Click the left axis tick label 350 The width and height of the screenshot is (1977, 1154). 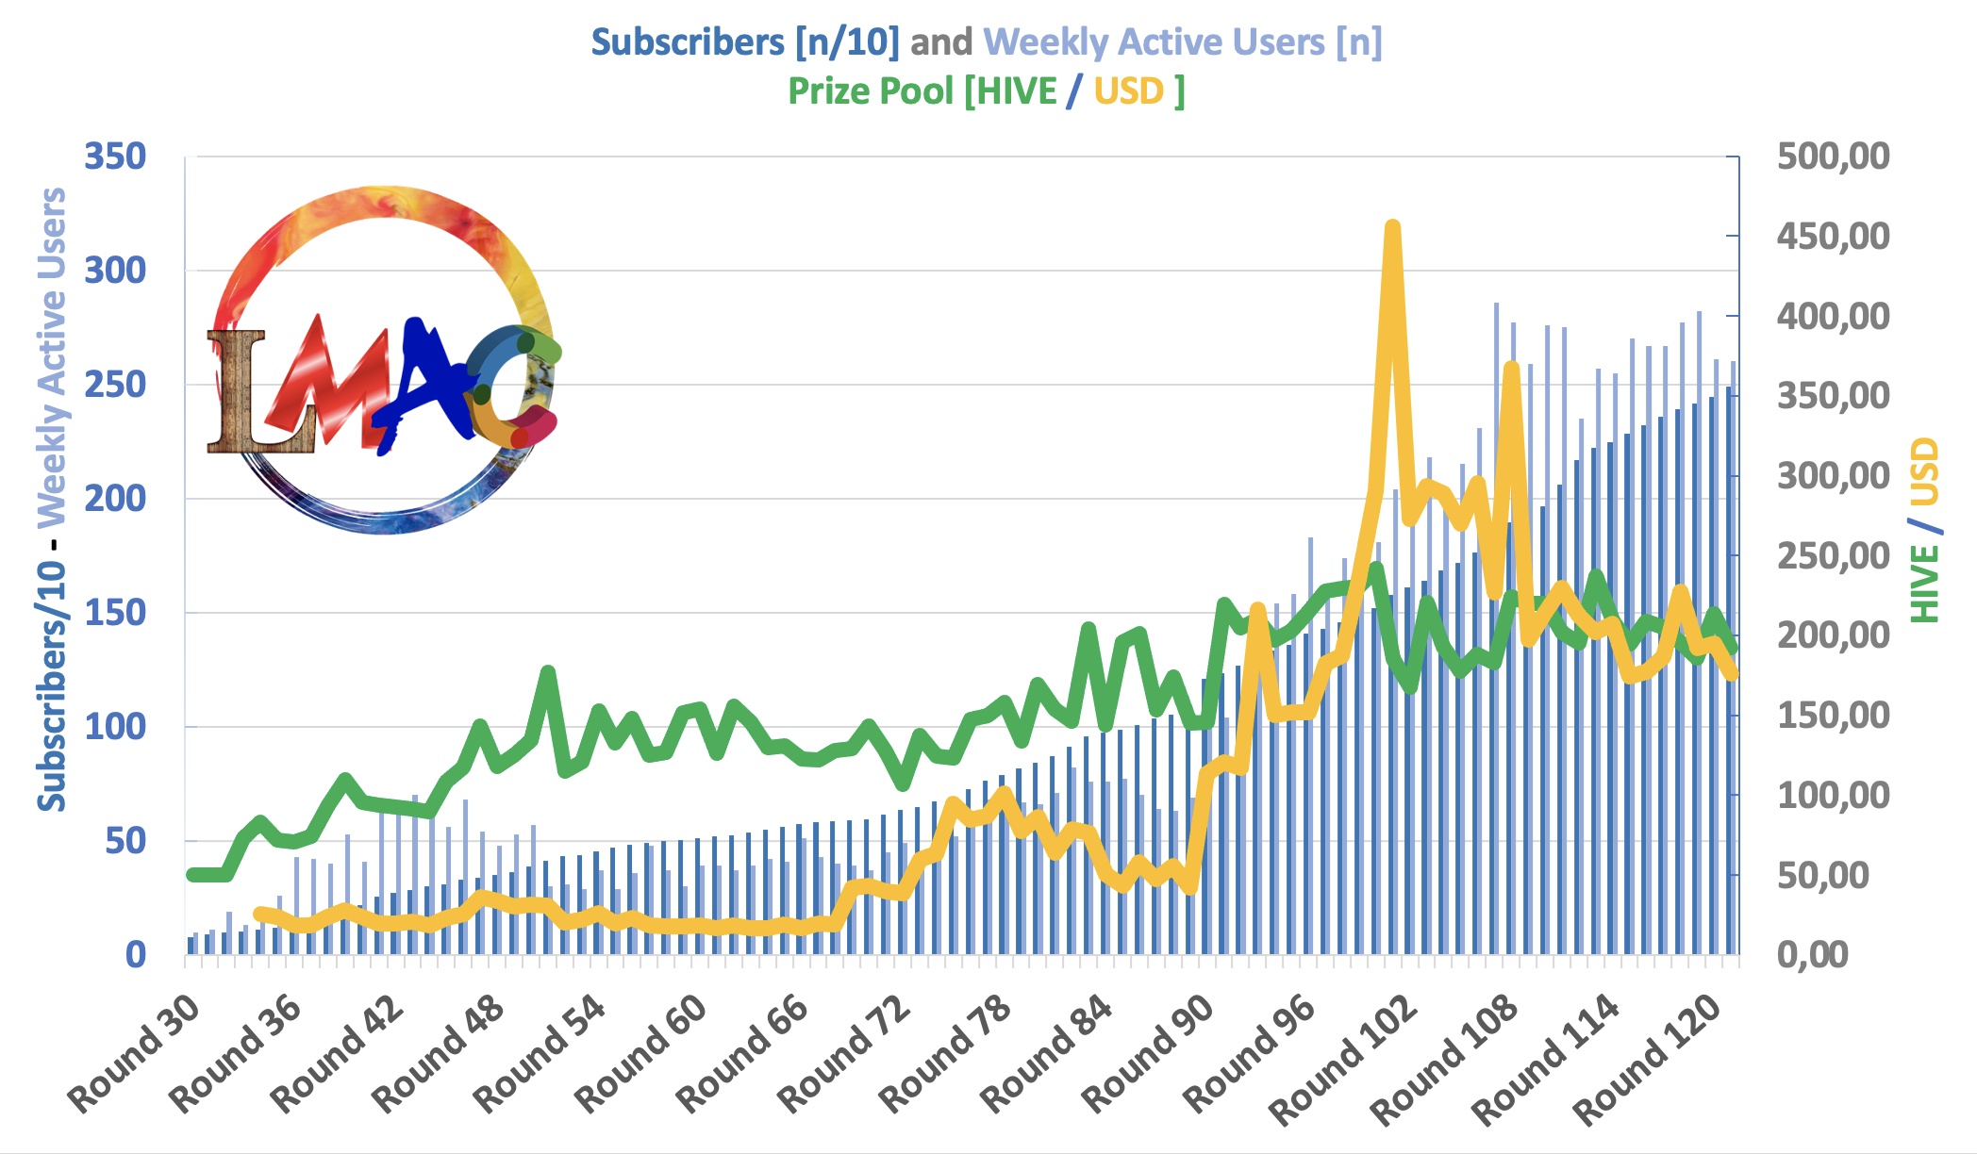(x=115, y=157)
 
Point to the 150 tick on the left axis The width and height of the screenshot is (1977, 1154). (x=115, y=613)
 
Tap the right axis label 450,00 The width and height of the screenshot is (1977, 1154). (x=1833, y=236)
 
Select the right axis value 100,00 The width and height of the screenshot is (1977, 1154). (x=1833, y=796)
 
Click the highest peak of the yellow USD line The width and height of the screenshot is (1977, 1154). (x=1392, y=226)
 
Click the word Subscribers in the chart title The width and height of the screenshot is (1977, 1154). (x=688, y=42)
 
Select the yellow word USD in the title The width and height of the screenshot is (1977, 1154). (x=1129, y=91)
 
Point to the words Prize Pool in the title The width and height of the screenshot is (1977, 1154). (x=871, y=91)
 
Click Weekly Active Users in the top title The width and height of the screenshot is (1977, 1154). (x=1154, y=42)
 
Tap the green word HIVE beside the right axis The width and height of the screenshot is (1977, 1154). (x=1924, y=584)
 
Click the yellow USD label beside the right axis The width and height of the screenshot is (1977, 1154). (x=1924, y=471)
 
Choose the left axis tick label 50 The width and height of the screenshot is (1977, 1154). (x=125, y=841)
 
